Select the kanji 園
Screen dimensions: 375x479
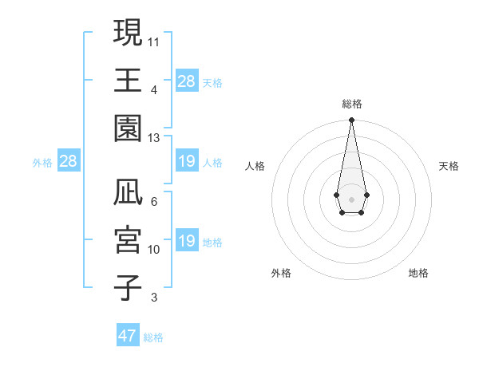[129, 128]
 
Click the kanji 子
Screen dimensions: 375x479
[129, 288]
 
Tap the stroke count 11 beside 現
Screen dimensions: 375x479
[154, 41]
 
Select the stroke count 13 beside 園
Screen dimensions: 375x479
[154, 138]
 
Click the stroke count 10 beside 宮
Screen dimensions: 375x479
[154, 250]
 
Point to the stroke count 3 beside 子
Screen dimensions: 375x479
[154, 298]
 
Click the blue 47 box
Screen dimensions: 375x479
[128, 336]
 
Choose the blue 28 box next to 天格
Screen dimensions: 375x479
[186, 81]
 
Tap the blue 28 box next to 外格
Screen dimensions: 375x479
[68, 161]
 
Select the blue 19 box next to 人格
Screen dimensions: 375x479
[186, 161]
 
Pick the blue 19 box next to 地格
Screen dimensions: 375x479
[186, 242]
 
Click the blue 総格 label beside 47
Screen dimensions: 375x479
[153, 337]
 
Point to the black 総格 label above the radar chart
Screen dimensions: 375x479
[351, 105]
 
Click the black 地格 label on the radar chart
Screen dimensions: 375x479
[418, 273]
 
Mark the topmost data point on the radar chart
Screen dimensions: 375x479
[351, 120]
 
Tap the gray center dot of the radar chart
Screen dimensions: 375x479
[351, 199]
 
